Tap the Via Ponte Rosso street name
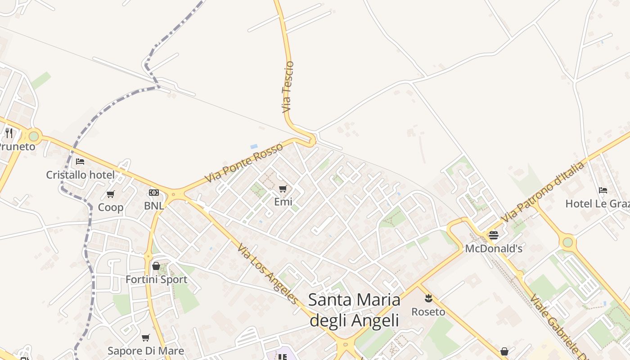(x=244, y=162)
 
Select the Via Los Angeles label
(x=268, y=274)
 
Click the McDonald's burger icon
(x=494, y=235)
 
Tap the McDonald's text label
(x=494, y=248)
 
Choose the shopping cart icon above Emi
(x=283, y=189)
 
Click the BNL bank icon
(x=154, y=193)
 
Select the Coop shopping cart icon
(x=111, y=194)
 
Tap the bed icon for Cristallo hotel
(x=80, y=161)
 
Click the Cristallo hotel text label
(x=81, y=175)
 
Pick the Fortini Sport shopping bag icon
(x=156, y=266)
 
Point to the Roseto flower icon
(x=428, y=297)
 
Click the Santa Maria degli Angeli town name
(x=354, y=310)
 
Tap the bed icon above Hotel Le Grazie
(x=603, y=190)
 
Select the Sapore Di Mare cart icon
(x=146, y=337)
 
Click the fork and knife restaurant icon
(x=9, y=133)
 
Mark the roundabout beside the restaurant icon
(x=34, y=135)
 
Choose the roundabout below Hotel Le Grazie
(x=568, y=242)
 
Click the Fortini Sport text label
(x=156, y=279)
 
